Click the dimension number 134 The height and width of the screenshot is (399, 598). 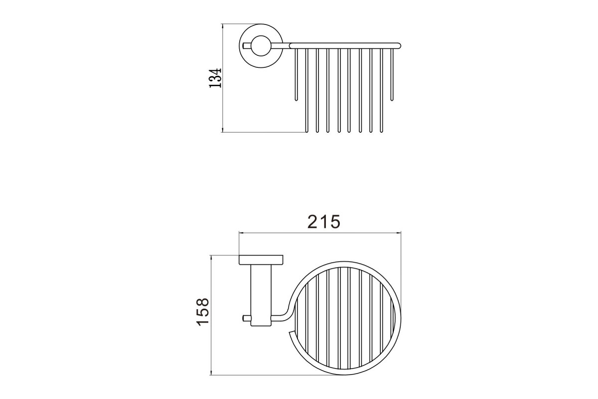pyautogui.click(x=215, y=78)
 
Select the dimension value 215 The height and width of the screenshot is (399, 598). pyautogui.click(x=324, y=221)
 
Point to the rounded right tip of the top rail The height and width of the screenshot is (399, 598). pyautogui.click(x=399, y=46)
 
